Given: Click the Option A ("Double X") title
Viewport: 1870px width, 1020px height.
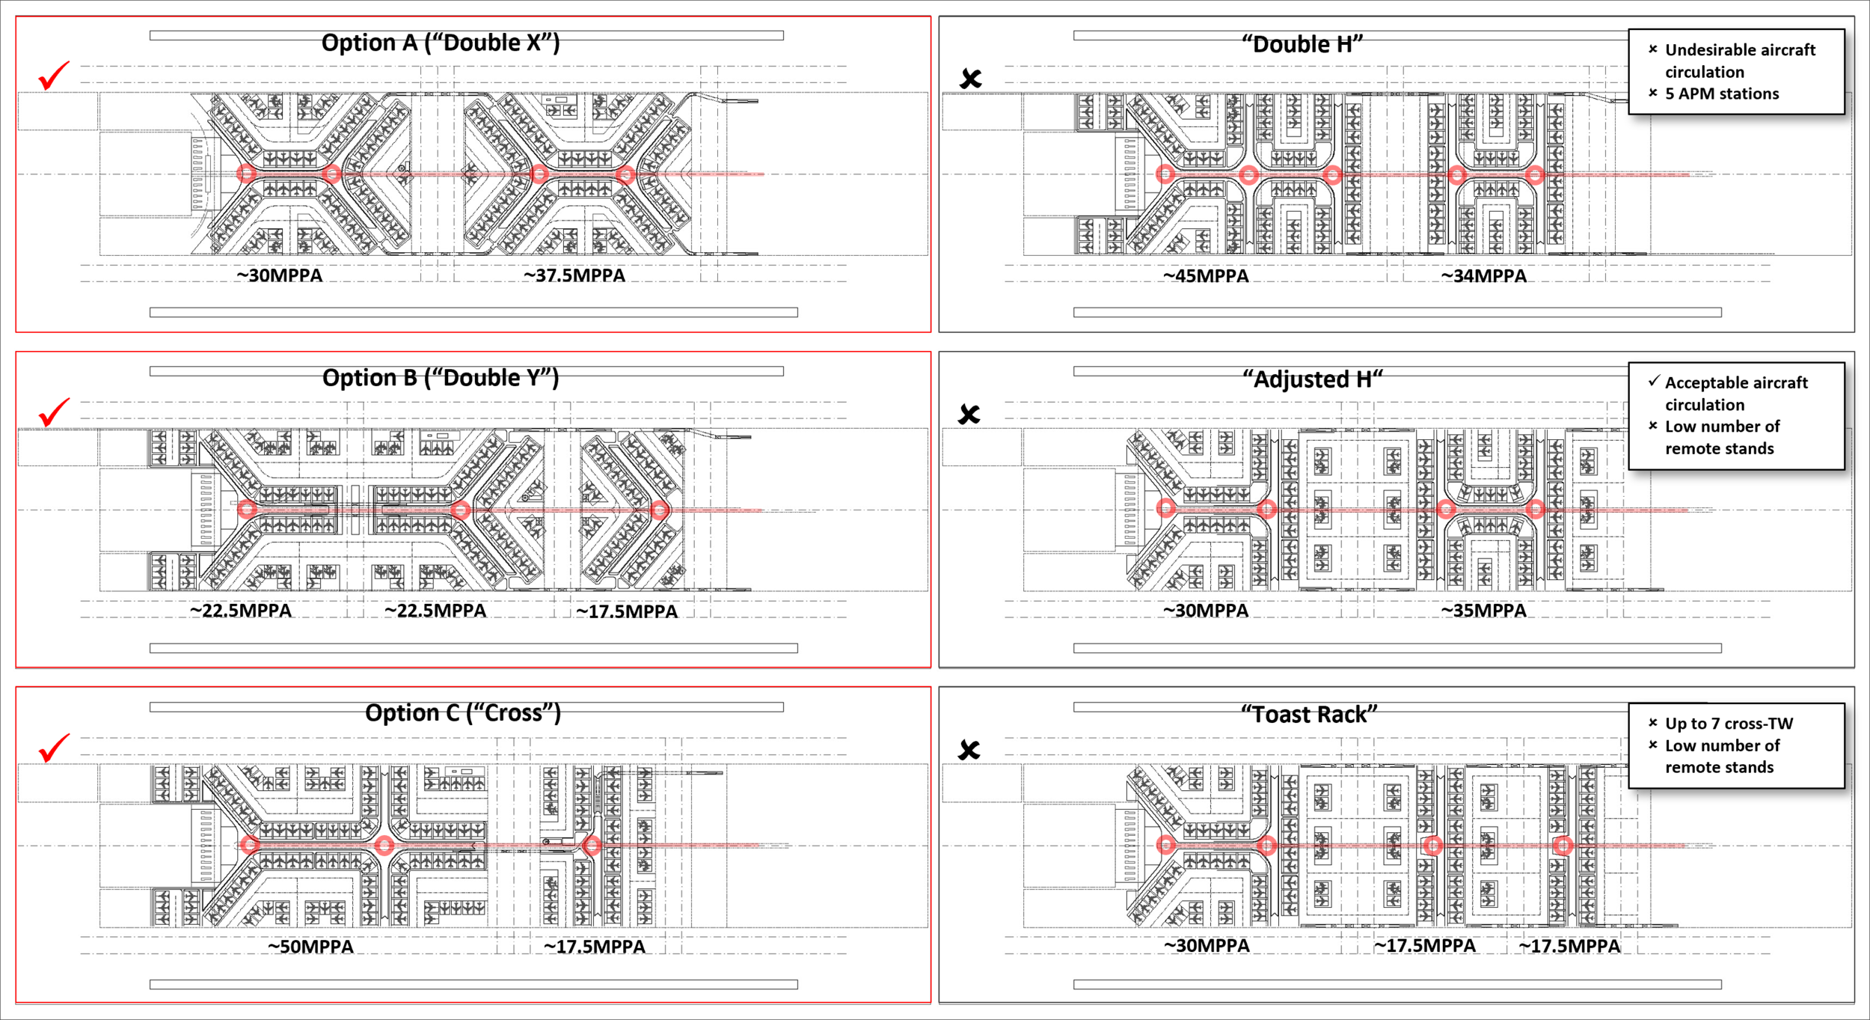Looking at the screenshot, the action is (440, 43).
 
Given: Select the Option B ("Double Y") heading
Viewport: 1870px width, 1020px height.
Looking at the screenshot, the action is (440, 378).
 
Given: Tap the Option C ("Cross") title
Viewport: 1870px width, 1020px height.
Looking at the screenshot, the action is (462, 713).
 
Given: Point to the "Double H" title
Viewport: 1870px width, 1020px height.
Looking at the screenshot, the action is (1302, 44).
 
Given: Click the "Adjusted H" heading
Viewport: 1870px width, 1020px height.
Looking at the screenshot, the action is (1313, 379).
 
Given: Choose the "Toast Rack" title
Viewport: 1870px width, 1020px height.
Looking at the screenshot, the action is (1309, 715).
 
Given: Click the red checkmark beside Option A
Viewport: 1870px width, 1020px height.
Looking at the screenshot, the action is (54, 76).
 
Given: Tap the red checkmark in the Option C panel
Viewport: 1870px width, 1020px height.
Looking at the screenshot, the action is (54, 748).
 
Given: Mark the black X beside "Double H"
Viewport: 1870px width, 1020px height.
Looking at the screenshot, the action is (970, 79).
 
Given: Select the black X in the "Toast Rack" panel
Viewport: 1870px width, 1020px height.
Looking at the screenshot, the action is (969, 750).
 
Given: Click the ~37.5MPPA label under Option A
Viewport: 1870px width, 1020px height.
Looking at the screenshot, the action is (574, 275).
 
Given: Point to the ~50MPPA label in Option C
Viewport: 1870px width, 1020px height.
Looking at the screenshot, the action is (310, 947).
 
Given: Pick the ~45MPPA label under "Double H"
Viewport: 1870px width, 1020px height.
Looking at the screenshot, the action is (1205, 276).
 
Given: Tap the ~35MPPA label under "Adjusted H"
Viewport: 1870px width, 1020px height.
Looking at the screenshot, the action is (1483, 611).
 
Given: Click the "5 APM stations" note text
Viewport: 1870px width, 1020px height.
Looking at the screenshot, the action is (1721, 94).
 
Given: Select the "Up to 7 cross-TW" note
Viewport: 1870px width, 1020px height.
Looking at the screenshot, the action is (1728, 724).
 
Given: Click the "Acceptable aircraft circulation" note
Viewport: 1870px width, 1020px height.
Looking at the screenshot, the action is (1735, 394).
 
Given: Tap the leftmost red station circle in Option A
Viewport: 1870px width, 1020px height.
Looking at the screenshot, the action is (246, 174).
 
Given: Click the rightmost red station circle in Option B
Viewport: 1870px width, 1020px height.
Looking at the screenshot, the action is (659, 510).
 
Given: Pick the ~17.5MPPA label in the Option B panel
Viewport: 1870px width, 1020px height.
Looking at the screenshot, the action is (626, 611).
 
